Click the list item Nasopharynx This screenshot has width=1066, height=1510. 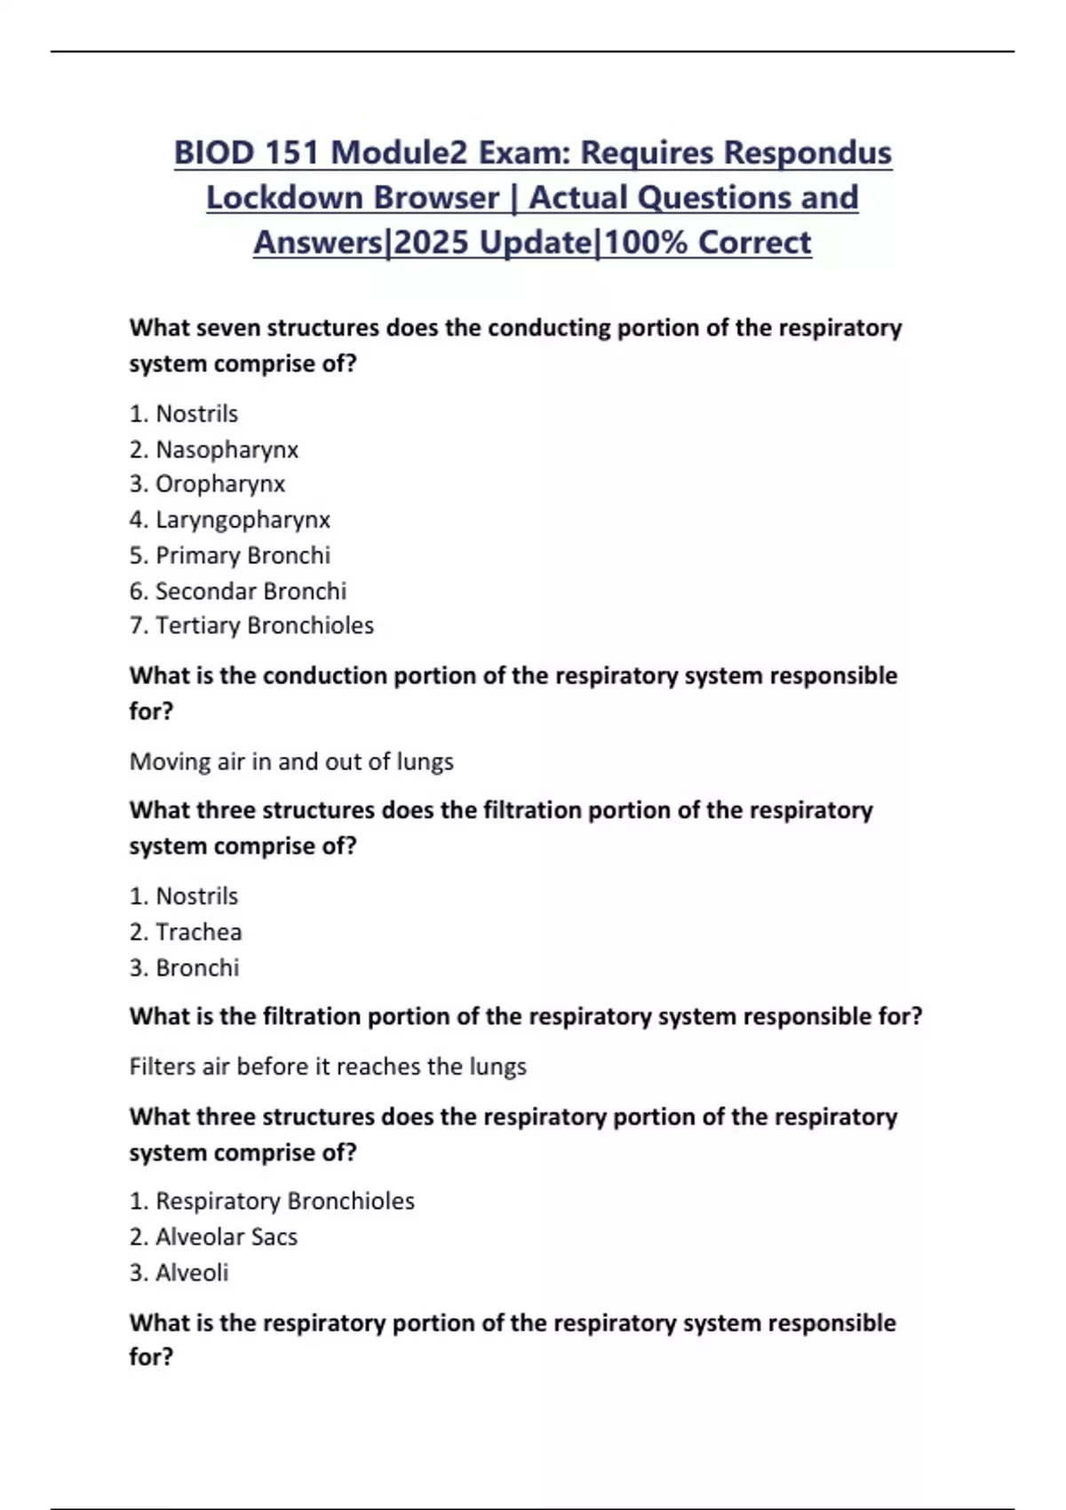pyautogui.click(x=227, y=449)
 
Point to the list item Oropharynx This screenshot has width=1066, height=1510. pyautogui.click(x=220, y=484)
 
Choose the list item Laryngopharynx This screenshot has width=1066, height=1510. pyautogui.click(x=243, y=520)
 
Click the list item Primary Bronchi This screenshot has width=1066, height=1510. pyautogui.click(x=243, y=555)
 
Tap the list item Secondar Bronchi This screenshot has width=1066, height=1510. pyautogui.click(x=251, y=591)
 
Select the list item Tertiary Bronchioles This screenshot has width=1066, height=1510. pyautogui.click(x=264, y=625)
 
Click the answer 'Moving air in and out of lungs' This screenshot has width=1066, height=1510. pyautogui.click(x=291, y=762)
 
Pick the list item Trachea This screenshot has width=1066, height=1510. pyautogui.click(x=198, y=932)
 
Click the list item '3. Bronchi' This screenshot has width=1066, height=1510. pyautogui.click(x=185, y=967)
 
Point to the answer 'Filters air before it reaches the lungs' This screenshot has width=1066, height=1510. pyautogui.click(x=328, y=1066)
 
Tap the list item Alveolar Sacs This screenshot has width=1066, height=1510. pyautogui.click(x=226, y=1236)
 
